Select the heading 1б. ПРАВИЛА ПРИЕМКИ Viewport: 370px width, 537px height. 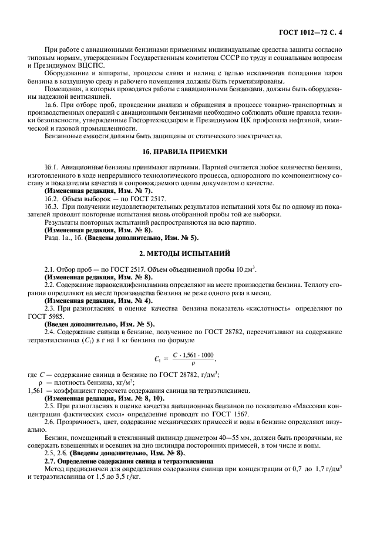pos(185,152)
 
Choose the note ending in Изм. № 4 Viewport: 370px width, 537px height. pos(98,300)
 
